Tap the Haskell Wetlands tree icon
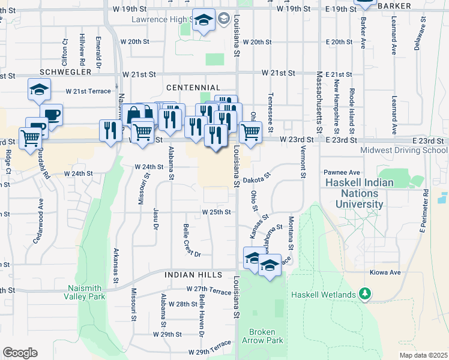364,294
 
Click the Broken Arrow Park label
262,336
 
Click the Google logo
20,353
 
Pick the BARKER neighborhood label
394,6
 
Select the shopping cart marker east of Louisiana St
250,131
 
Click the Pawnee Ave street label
342,172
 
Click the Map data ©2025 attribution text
423,355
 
